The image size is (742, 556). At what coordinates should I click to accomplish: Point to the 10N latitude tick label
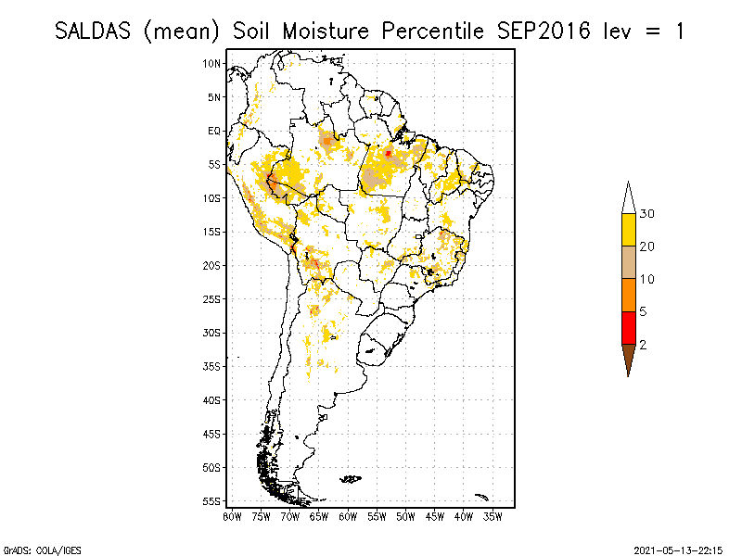(x=212, y=63)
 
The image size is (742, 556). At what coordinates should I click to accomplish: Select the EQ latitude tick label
(x=214, y=131)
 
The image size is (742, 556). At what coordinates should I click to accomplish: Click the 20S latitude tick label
(x=212, y=265)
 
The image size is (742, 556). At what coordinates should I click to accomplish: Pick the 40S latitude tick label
(x=212, y=400)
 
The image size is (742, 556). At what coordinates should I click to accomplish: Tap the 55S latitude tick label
(x=212, y=501)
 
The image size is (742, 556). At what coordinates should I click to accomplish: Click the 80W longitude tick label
(x=232, y=516)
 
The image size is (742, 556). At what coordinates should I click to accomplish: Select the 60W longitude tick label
(x=348, y=516)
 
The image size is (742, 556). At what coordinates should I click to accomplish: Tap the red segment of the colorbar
(x=628, y=328)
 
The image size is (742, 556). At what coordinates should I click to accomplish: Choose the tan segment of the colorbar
(x=628, y=262)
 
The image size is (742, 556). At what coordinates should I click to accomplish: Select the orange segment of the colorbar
(x=628, y=296)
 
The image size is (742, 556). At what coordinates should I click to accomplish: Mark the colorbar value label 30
(x=646, y=214)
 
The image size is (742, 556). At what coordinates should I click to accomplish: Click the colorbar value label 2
(x=643, y=345)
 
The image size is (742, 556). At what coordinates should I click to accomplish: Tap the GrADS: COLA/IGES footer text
(x=34, y=549)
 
